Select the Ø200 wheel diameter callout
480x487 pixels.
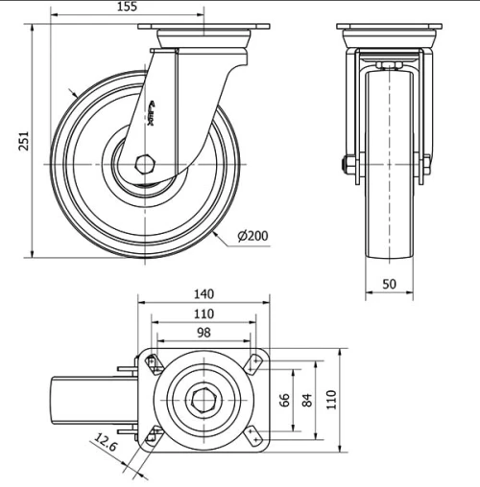252,236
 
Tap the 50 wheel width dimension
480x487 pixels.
389,285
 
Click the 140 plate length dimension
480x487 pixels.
204,294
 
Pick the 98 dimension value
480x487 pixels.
204,333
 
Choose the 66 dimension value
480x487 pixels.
284,401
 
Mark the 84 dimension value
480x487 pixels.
307,401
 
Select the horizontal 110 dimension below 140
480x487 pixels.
204,313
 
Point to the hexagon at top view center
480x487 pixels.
204,401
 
